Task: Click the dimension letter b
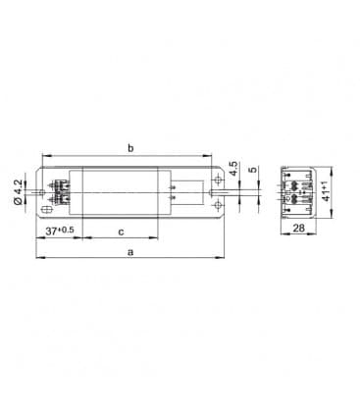129,148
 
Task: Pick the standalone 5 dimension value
252,169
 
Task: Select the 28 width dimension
297,228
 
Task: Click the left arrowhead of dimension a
38,260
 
